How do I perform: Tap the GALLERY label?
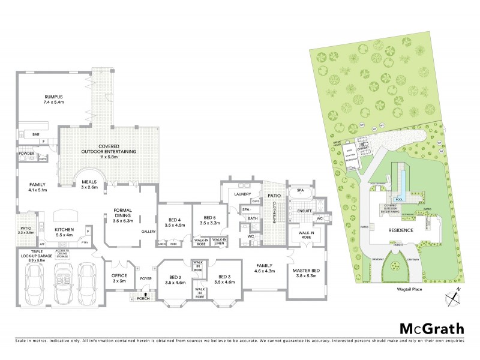coord(148,231)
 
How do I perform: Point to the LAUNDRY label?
coord(243,194)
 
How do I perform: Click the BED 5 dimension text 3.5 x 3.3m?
coord(209,223)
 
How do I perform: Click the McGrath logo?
coord(432,328)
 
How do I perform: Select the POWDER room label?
coord(26,153)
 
